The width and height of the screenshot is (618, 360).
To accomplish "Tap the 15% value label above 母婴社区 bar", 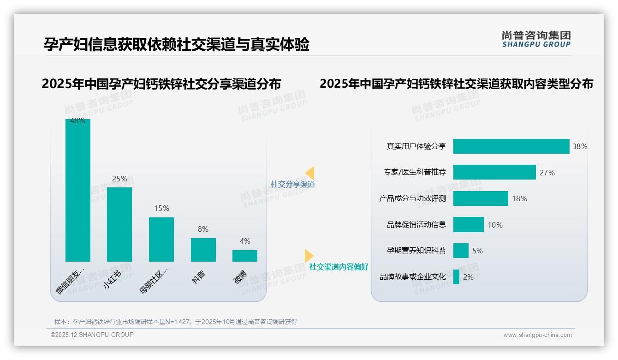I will coord(161,208).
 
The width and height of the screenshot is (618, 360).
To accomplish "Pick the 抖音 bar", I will coord(203,250).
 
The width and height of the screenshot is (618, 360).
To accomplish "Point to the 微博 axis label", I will coord(240,276).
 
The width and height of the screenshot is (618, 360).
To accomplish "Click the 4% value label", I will coord(245,241).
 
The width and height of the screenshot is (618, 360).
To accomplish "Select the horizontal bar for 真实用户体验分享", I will coord(511,146).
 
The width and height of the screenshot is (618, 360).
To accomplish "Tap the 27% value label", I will coord(547,173).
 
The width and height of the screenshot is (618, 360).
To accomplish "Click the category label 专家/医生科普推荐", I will coord(415,172).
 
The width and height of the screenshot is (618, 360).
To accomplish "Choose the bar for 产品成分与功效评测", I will coord(481,198).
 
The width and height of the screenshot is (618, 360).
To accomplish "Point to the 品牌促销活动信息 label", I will coord(416,225).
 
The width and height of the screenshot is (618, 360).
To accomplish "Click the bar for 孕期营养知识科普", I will coord(461,251).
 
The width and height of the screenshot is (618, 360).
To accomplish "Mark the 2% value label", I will coord(468,277).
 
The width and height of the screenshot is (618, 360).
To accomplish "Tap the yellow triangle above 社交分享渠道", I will coord(310,173).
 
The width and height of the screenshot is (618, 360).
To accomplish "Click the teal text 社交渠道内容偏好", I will coord(339,267).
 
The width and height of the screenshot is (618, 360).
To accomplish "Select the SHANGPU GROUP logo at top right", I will coord(536,39).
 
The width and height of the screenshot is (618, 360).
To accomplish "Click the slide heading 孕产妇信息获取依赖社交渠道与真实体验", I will coord(176,44).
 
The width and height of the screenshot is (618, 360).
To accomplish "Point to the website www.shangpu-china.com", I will coord(537,335).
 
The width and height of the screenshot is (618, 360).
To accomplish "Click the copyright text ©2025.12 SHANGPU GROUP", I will coord(92,335).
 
